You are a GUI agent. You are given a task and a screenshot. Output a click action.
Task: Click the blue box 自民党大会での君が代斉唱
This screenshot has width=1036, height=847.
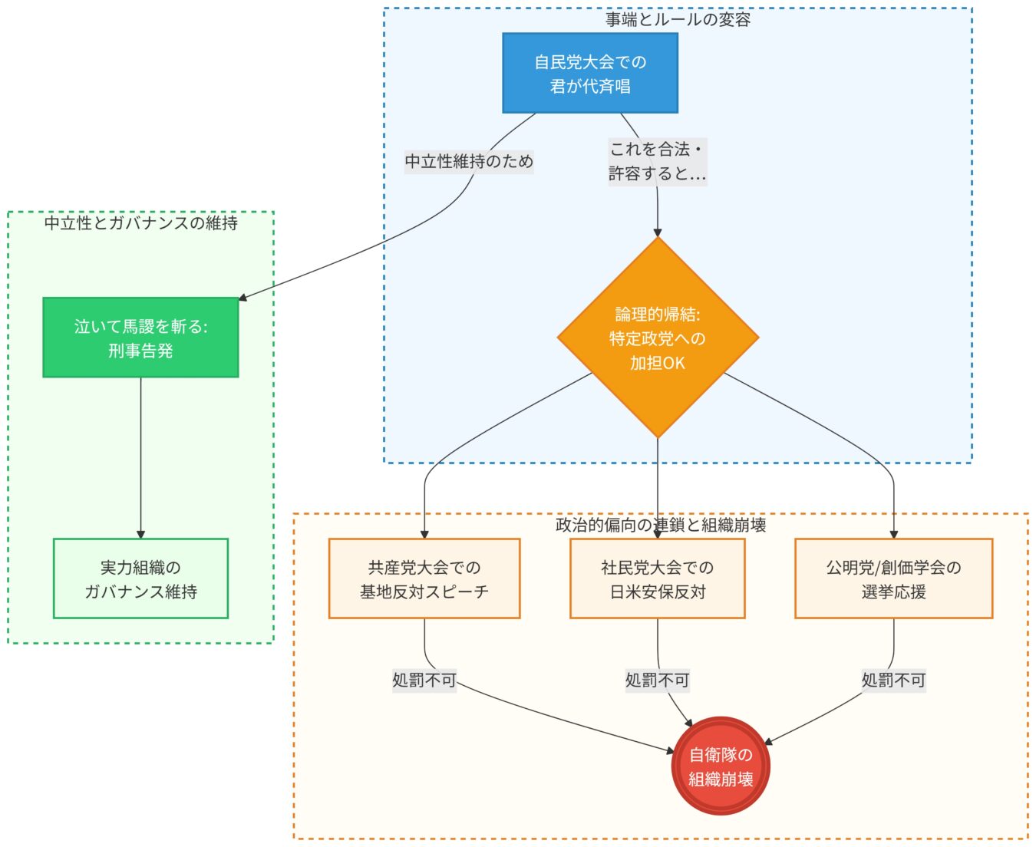(589, 74)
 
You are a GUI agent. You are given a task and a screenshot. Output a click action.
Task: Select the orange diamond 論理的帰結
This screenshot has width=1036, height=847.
(658, 338)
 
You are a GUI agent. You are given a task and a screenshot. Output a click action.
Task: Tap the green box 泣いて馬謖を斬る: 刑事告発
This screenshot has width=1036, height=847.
(140, 338)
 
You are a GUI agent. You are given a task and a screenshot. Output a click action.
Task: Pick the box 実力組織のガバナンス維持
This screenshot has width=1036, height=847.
(140, 578)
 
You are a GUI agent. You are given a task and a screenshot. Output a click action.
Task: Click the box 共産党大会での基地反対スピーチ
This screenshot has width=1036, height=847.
(424, 578)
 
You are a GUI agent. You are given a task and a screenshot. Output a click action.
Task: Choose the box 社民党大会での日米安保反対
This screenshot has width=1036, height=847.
(658, 578)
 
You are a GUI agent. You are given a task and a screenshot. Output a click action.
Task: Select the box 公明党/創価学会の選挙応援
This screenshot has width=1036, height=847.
(893, 578)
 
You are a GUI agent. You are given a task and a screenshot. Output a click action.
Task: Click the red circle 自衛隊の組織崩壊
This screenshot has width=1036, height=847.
(721, 766)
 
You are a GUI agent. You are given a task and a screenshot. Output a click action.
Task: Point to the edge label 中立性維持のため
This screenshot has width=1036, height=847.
(469, 161)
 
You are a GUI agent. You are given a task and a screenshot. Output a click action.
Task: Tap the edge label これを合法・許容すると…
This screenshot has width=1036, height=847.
(658, 161)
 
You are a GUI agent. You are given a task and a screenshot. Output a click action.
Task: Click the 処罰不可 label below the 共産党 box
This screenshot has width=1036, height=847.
(424, 680)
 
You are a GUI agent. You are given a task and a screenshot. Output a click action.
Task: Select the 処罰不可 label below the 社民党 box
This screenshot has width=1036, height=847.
(658, 680)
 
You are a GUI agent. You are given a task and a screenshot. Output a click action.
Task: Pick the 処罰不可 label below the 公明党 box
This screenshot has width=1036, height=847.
(893, 680)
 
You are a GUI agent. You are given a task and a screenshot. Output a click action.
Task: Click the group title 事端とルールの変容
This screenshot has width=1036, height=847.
(678, 20)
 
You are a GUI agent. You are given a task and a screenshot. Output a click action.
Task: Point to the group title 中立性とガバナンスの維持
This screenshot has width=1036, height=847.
(140, 223)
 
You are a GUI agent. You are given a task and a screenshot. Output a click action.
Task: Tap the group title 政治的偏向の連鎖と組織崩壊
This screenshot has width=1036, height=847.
(661, 525)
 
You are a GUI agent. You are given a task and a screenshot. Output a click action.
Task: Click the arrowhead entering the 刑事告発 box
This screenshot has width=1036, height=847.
(243, 297)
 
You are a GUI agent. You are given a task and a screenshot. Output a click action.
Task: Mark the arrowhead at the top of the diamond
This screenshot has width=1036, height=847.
(658, 232)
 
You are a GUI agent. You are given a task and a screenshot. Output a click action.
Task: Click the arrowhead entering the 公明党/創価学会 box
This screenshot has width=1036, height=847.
(893, 534)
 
